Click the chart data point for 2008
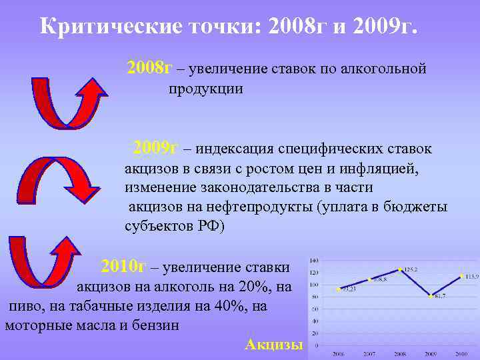pos(400,269)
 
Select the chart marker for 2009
pos(431,295)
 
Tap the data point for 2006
pos(339,289)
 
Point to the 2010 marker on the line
pos(461,275)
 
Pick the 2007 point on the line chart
pos(369,279)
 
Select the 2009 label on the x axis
pos(431,353)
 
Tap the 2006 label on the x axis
pos(339,353)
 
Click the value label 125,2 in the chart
pos(409,269)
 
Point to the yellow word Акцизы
pos(274,344)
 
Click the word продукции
pos(205,89)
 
